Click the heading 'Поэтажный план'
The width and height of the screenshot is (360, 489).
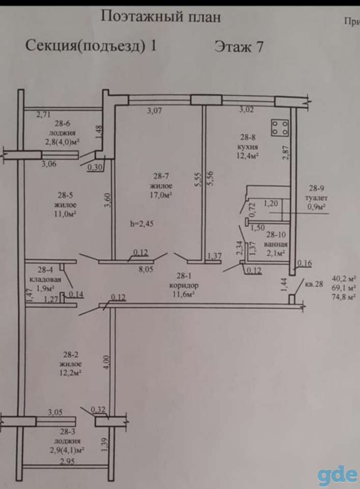coord(160,16)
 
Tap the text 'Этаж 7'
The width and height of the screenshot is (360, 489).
coord(239,47)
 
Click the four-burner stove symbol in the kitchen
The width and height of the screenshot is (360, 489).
coord(280,127)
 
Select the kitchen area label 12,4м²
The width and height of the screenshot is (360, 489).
coord(248,155)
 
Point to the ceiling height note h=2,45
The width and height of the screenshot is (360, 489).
coord(142,224)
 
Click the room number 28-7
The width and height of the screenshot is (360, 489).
coord(161,176)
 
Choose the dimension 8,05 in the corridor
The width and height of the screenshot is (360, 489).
coord(146,269)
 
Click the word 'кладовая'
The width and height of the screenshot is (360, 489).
coord(45,279)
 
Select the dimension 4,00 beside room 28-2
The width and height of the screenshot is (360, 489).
coord(106,362)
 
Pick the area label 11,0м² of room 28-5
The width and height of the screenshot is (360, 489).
coord(65,214)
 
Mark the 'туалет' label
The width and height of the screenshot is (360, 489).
coord(317,198)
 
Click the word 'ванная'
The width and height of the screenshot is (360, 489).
coord(275,244)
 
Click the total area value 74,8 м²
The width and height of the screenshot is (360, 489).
coord(345,297)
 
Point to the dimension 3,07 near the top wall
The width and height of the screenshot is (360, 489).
coord(155,111)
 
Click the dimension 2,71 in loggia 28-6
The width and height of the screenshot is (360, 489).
coord(43,115)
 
